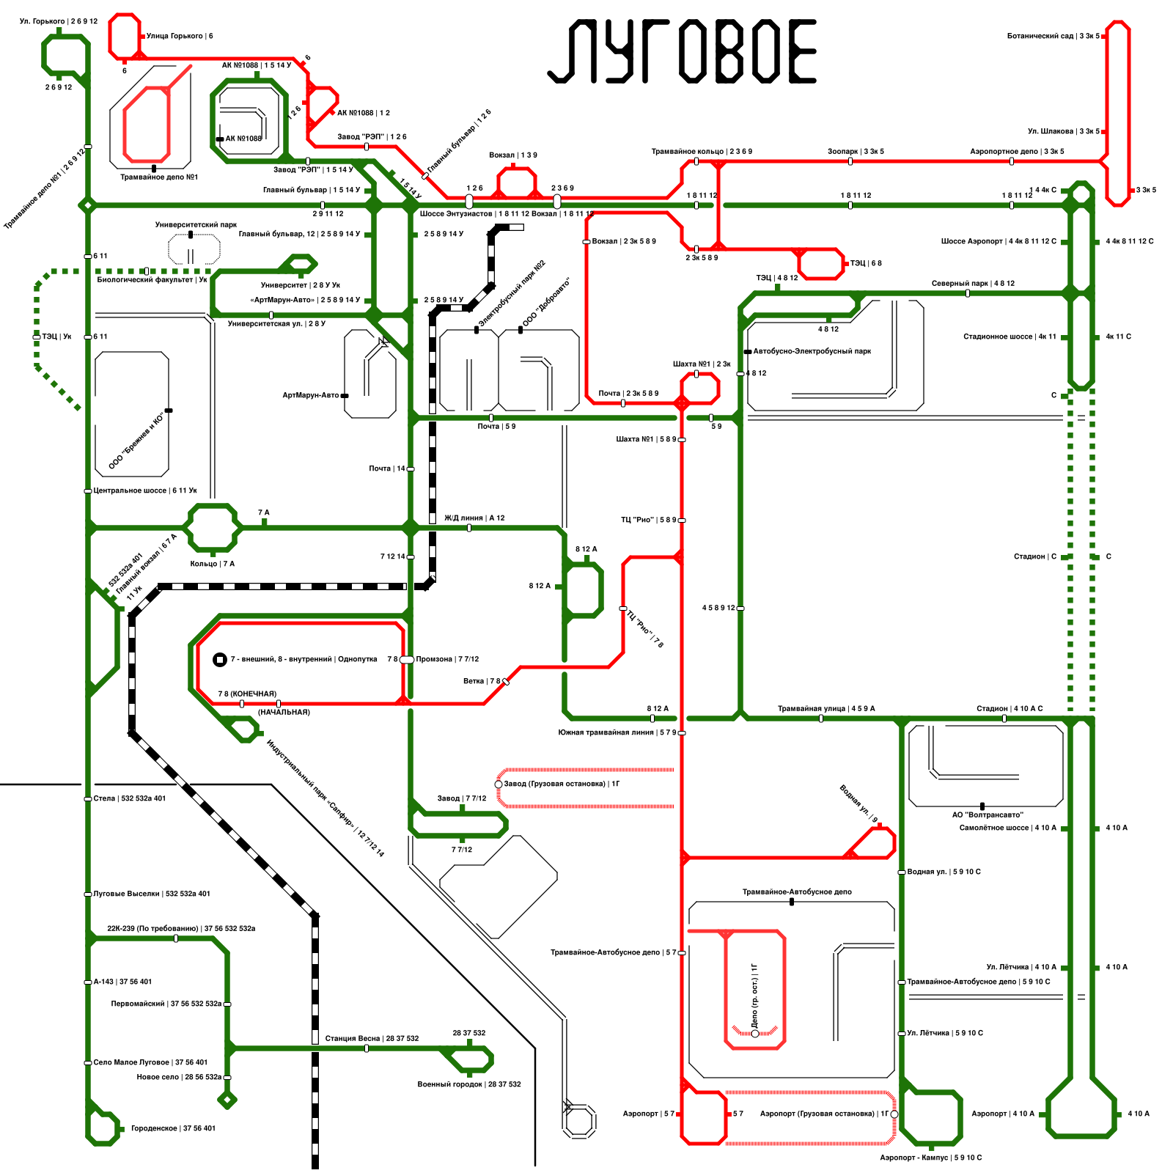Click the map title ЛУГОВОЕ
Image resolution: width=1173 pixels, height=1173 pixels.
tap(682, 51)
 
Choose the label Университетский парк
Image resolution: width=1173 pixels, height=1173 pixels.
tap(196, 225)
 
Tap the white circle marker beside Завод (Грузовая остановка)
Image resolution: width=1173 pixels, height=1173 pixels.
tap(499, 784)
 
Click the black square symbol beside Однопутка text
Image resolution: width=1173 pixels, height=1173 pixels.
tap(219, 660)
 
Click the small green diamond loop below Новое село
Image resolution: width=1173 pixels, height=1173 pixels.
tap(227, 1100)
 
